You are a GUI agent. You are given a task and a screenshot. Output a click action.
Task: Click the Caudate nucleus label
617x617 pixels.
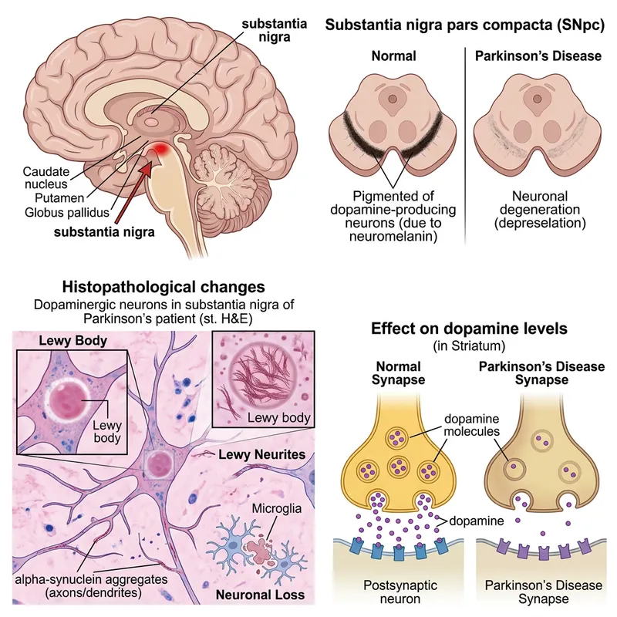[46, 176]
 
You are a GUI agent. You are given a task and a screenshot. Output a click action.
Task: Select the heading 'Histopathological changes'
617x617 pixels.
[157, 287]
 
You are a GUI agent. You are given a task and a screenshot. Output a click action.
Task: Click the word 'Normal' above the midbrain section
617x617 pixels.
[393, 56]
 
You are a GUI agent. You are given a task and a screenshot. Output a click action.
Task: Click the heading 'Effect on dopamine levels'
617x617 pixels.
[469, 329]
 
